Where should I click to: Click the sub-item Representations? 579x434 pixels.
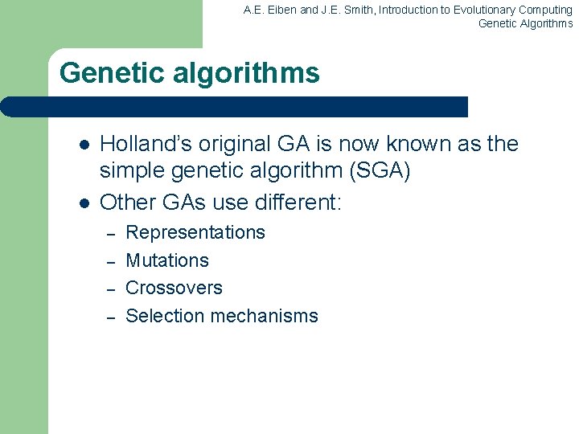coord(195,232)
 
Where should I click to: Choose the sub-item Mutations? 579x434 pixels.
coord(167,260)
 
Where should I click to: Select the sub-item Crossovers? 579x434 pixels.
coord(174,288)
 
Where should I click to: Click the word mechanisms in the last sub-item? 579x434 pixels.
coord(263,316)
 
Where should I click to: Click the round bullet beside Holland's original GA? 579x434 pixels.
coord(83,145)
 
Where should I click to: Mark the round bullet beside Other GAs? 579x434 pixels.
coord(83,203)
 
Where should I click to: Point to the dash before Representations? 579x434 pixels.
coord(113,234)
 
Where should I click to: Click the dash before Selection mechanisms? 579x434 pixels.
coord(113,317)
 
